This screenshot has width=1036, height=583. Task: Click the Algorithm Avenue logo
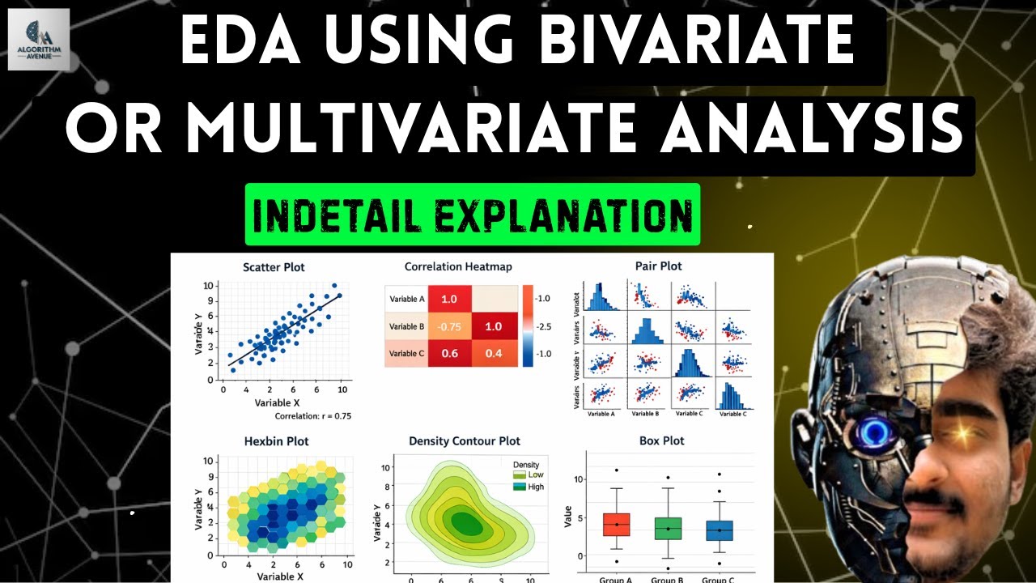[x=39, y=39]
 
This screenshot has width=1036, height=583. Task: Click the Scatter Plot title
[x=274, y=266]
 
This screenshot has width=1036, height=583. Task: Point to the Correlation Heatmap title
[x=458, y=266]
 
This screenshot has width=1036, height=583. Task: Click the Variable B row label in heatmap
[x=407, y=326]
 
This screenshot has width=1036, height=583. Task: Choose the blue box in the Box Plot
[x=719, y=530]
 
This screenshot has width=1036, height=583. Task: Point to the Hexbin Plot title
[x=276, y=441]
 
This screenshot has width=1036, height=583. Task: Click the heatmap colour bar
[x=528, y=326]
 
